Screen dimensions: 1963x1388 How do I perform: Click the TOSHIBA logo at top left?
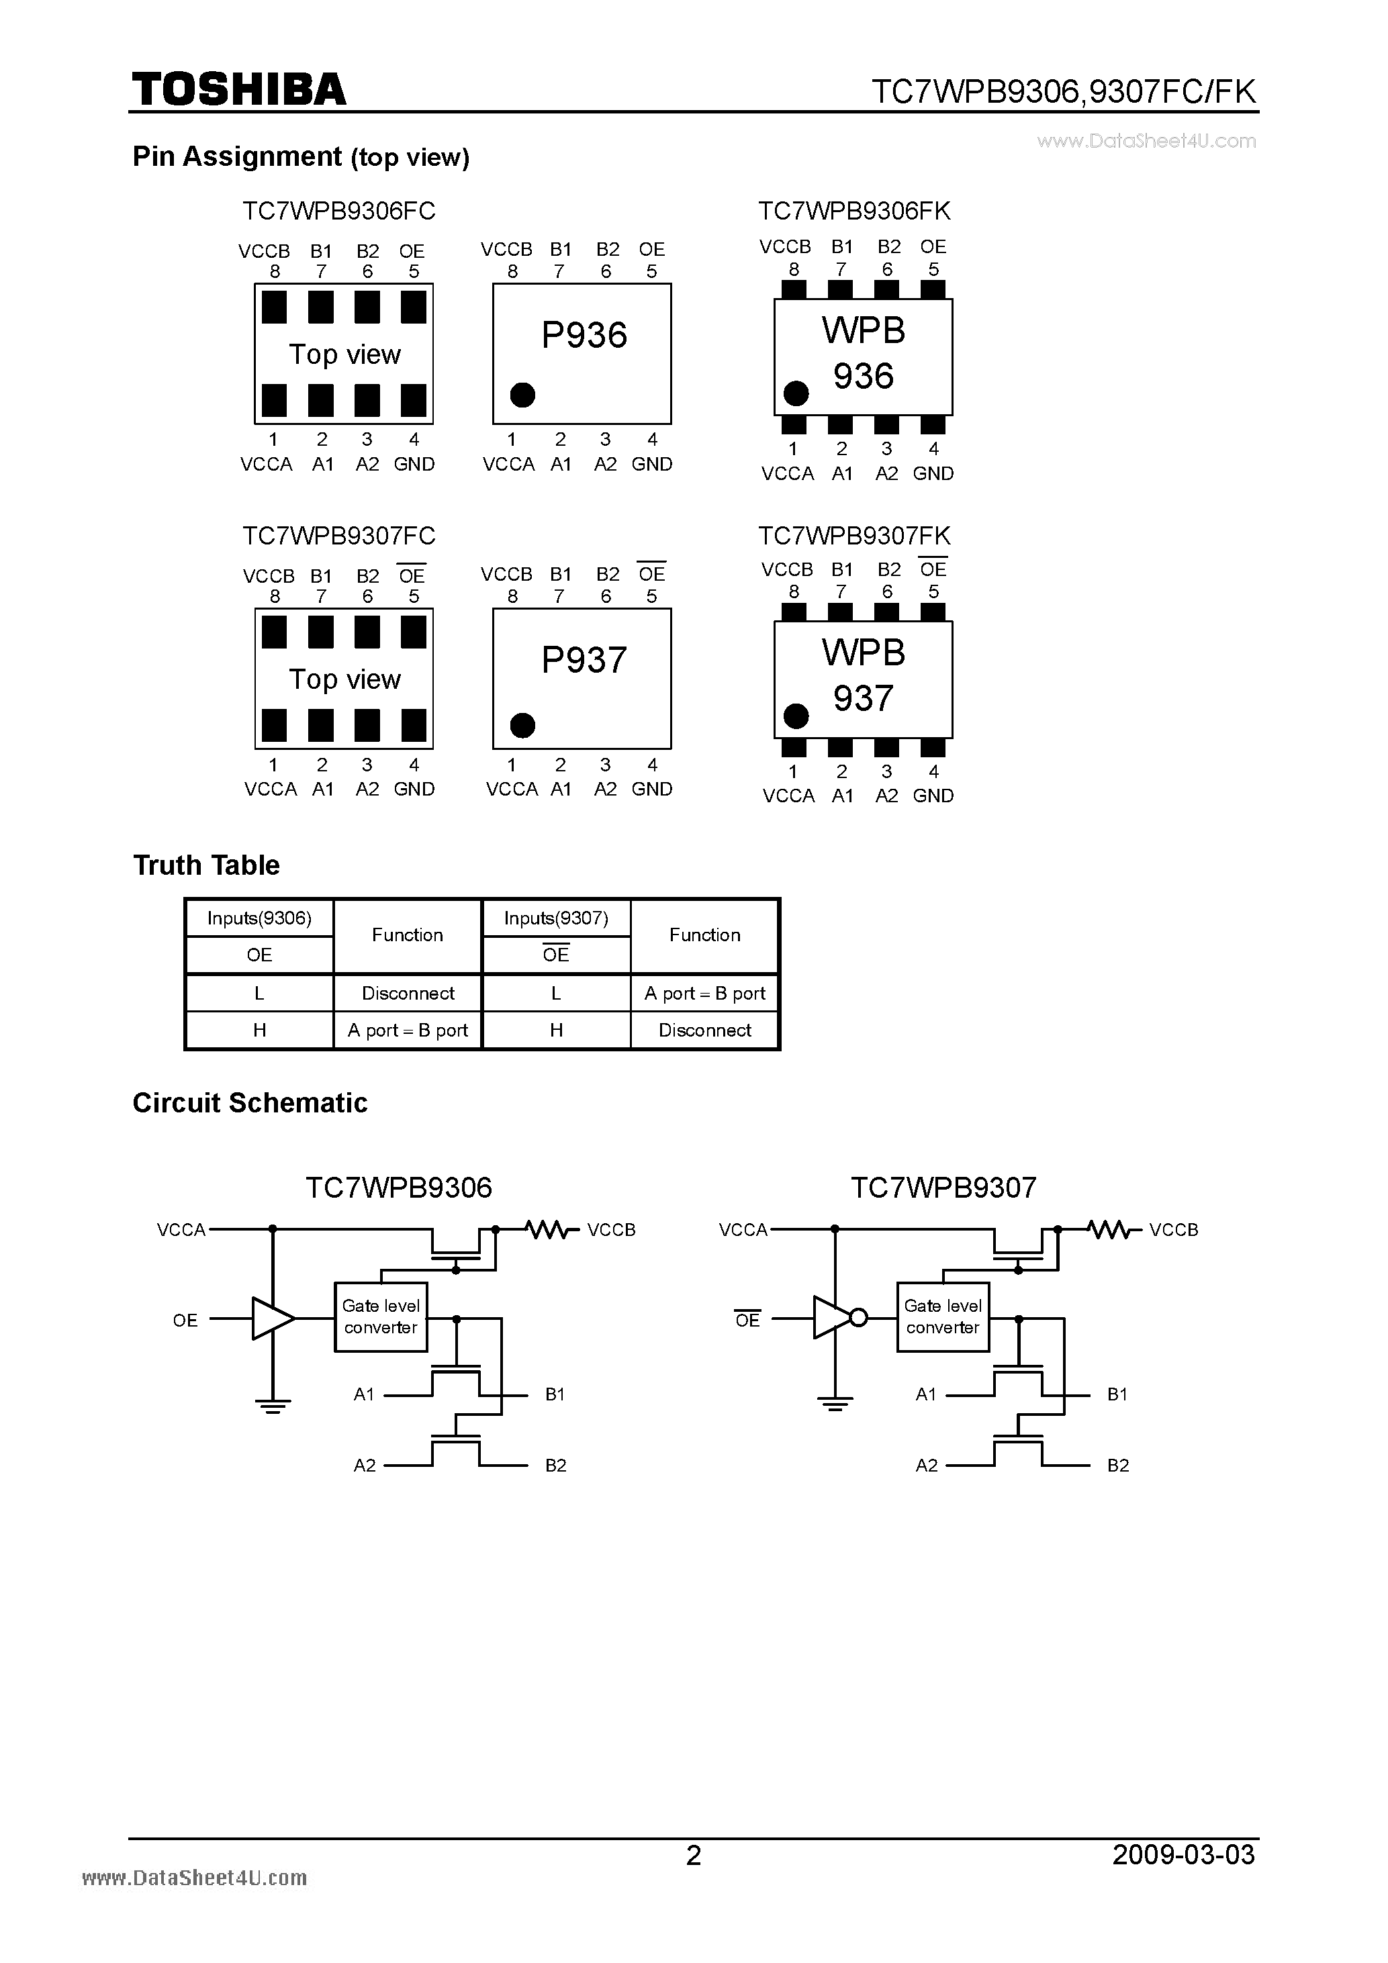(238, 90)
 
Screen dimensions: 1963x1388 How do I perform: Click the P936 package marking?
(584, 335)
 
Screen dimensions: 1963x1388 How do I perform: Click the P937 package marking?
(584, 660)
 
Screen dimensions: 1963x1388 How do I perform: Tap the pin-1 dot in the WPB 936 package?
(796, 393)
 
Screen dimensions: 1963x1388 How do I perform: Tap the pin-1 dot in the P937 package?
(522, 725)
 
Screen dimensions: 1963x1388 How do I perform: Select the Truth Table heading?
(206, 865)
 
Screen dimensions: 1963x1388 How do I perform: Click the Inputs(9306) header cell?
(259, 918)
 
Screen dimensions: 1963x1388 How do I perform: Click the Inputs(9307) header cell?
(556, 918)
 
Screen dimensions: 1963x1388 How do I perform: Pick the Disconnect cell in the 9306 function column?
(408, 993)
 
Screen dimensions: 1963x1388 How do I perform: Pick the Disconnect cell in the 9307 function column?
(704, 1031)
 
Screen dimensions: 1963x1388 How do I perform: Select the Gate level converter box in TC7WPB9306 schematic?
(381, 1316)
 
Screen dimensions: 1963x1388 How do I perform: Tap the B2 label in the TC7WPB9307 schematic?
(1118, 1466)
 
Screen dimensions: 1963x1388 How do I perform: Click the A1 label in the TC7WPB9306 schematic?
(365, 1394)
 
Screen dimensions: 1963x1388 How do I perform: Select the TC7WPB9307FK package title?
(853, 536)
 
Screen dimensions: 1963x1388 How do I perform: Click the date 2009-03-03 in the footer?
(1184, 1854)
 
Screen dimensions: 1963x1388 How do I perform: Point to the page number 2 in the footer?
(694, 1856)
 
